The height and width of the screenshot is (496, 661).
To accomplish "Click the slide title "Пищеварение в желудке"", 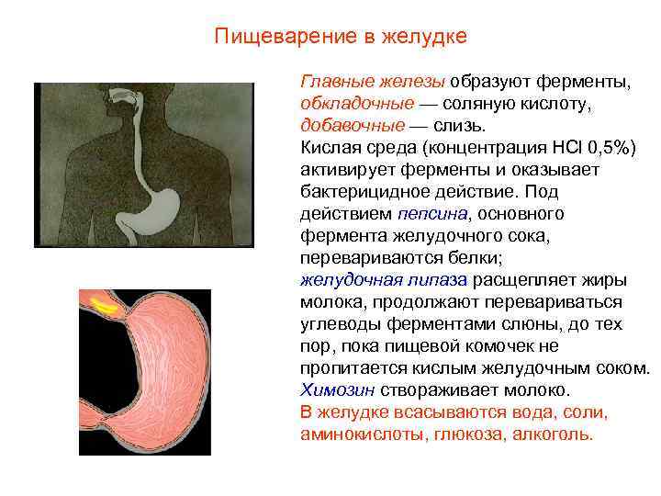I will tap(341, 37).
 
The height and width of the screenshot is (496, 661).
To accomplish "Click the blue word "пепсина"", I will tap(432, 213).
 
